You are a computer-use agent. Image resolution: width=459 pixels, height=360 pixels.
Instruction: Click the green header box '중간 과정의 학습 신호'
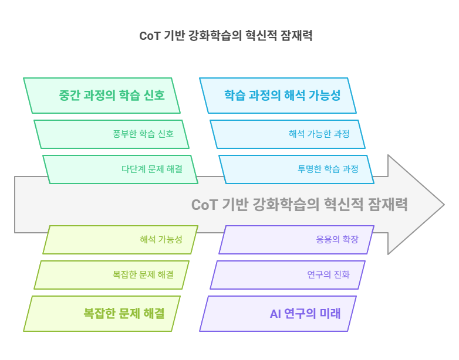coord(102,95)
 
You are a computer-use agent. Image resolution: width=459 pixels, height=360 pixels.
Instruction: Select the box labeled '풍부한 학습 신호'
coord(112,134)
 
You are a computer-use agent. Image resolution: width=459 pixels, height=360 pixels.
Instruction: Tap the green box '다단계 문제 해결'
coord(120,169)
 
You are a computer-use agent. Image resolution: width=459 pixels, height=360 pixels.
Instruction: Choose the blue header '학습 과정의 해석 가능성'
coord(278,95)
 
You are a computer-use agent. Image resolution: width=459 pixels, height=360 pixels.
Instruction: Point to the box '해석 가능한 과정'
coord(288,134)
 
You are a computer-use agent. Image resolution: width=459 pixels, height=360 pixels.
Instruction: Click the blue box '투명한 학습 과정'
coord(296,169)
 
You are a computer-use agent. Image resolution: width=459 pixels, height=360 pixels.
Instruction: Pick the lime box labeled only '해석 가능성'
coord(120,239)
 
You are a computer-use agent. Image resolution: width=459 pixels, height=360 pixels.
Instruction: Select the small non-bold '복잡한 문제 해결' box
coord(112,274)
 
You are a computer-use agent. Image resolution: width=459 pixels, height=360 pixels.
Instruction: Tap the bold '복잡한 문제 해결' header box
coord(102,313)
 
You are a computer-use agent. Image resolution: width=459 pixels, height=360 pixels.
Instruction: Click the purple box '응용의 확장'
coord(296,239)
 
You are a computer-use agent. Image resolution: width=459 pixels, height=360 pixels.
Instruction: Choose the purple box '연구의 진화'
coord(288,274)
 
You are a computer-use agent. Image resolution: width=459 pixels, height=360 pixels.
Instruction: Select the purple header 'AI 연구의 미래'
coord(278,313)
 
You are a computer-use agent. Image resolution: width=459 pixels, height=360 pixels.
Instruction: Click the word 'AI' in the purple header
coord(275,314)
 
